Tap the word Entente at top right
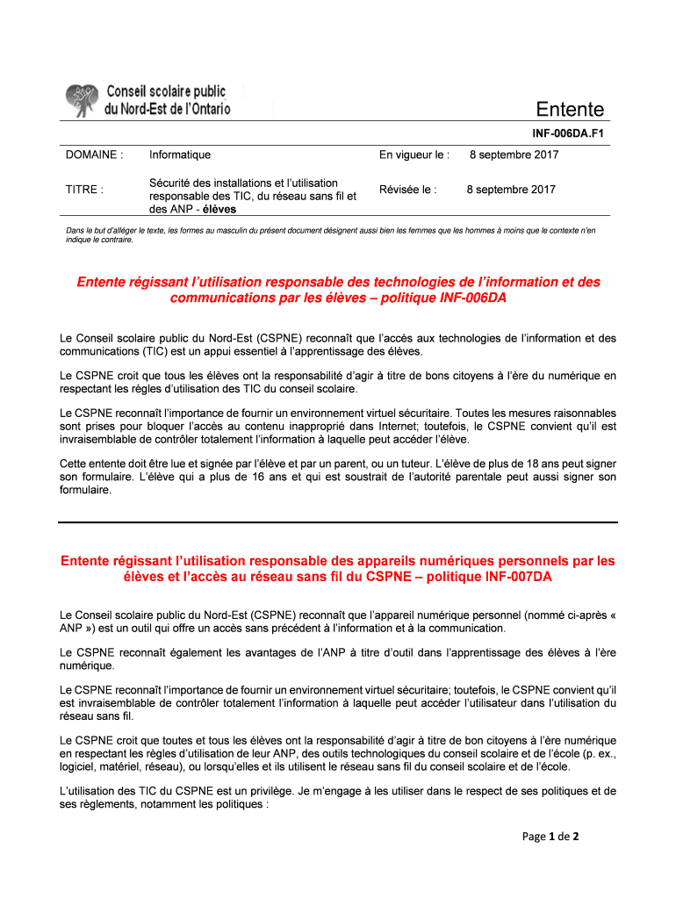(571, 110)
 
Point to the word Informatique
(180, 155)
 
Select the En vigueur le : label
(414, 155)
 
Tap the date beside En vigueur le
(514, 155)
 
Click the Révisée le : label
(407, 189)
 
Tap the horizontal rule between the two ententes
(338, 521)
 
